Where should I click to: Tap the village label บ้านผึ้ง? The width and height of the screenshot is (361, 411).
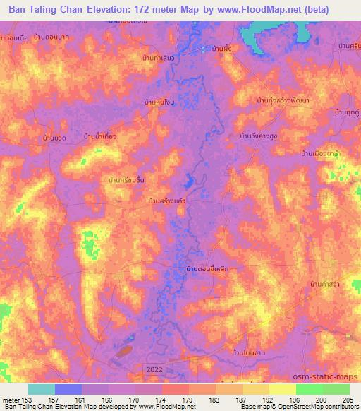tap(223, 49)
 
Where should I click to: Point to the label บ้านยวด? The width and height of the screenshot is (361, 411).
tap(54, 138)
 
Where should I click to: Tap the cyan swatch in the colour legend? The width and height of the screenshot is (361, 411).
tap(41, 389)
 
